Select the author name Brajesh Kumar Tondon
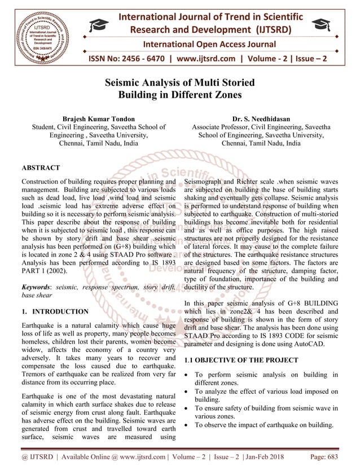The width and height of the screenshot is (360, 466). (99, 119)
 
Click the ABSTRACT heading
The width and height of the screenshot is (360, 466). (41, 168)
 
